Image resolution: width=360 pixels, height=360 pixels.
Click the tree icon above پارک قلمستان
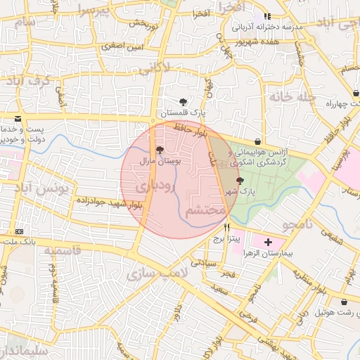click(x=184, y=102)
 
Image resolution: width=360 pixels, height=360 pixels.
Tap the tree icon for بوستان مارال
click(x=160, y=150)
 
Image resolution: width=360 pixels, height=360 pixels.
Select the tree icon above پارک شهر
click(x=240, y=181)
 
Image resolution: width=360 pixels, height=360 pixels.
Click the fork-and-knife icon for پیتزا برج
click(x=226, y=227)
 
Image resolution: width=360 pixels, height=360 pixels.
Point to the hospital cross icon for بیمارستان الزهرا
click(x=267, y=243)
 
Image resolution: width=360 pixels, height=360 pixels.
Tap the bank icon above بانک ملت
click(x=18, y=231)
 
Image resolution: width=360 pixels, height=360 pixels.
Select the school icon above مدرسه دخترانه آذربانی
click(x=266, y=16)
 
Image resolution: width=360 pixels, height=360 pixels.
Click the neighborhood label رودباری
click(x=151, y=187)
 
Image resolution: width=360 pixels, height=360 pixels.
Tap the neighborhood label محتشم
click(x=205, y=211)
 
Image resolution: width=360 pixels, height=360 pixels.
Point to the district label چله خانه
click(x=288, y=97)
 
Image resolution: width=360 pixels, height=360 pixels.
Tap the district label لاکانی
click(x=154, y=69)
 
